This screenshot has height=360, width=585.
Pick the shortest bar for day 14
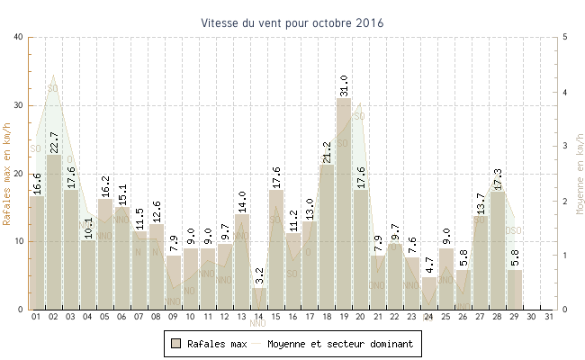(259, 299)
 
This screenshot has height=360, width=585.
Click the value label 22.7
(54, 142)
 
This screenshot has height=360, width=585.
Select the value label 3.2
(259, 275)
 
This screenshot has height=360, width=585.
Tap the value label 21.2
(327, 152)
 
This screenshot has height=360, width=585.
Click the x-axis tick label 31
(549, 317)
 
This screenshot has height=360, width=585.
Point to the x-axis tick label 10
(190, 317)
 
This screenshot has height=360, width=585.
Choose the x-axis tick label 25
(446, 317)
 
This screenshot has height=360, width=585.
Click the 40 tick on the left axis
(19, 37)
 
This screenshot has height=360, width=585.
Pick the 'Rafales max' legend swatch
(176, 343)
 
